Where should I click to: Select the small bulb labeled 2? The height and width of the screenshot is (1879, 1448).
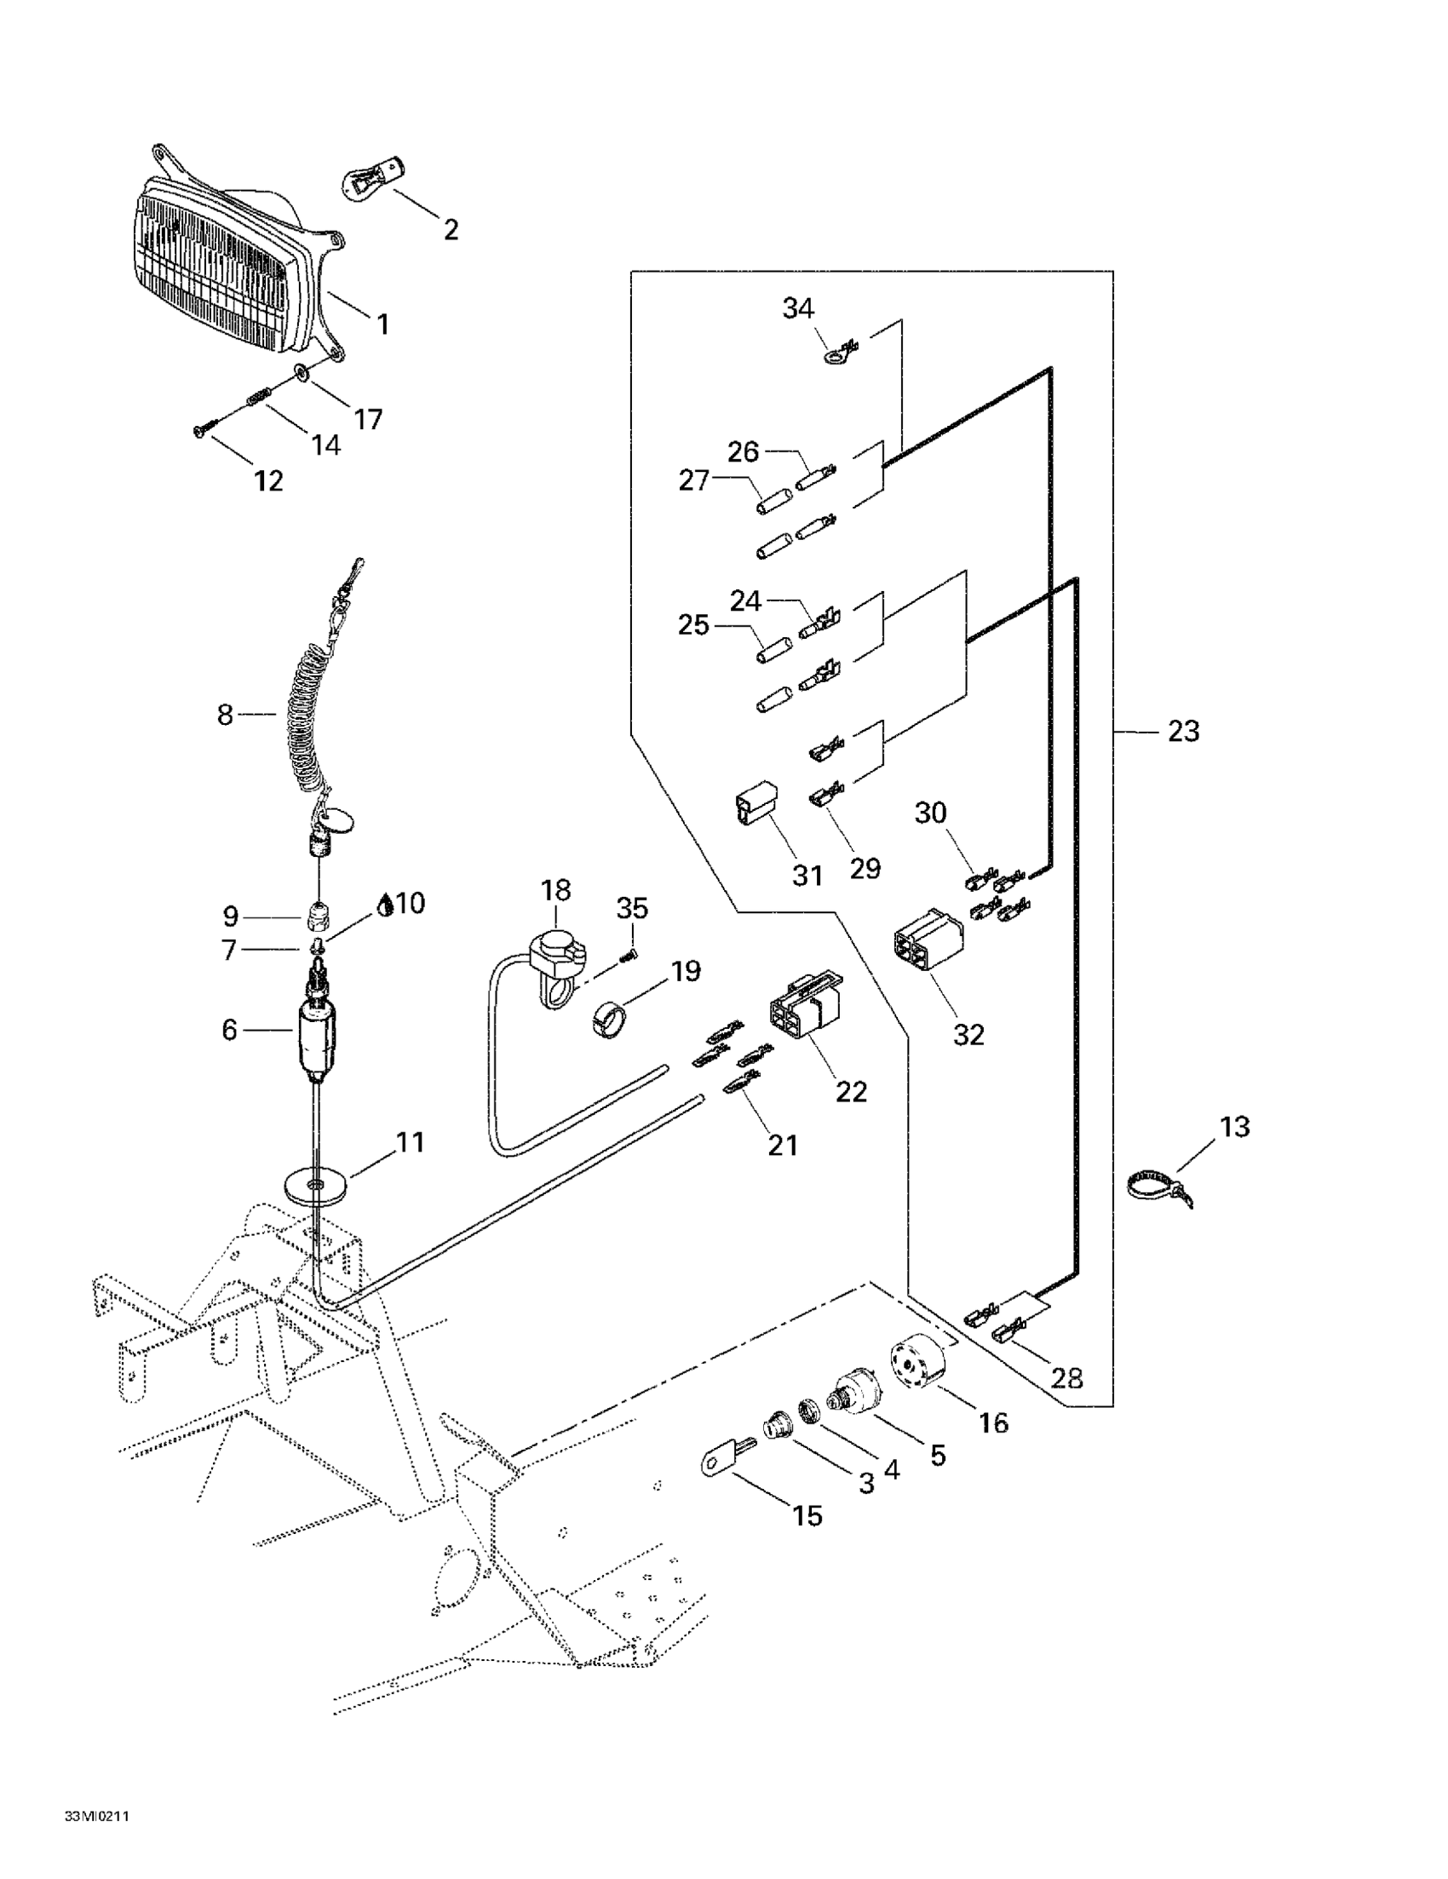tap(372, 172)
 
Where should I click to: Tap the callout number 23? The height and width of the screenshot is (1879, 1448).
tap(1183, 732)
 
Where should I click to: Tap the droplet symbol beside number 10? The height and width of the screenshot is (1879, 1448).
tap(388, 905)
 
